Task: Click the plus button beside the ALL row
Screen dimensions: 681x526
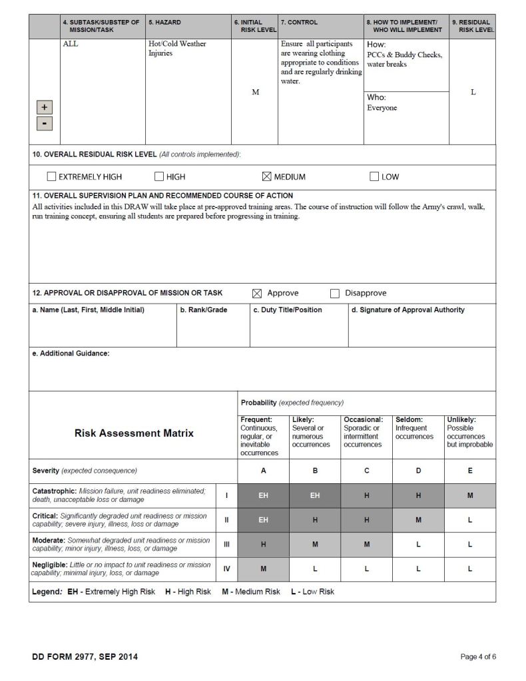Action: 44,107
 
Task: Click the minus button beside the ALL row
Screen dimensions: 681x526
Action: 44,123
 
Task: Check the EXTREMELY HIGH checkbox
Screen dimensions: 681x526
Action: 51,177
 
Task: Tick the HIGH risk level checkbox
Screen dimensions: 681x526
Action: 159,177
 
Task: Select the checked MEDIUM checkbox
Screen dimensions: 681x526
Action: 267,177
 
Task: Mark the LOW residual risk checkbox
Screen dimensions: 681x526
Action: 374,177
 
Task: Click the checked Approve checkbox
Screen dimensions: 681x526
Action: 257,294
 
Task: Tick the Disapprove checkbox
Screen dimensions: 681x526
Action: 335,294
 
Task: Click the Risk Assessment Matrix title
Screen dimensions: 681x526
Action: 134,433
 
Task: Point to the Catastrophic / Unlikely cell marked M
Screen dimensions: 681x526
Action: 470,495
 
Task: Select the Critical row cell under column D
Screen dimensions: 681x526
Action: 418,520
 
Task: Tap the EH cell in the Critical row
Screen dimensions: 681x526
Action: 263,520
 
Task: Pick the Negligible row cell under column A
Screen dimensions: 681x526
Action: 263,569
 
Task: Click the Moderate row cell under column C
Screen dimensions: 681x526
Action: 366,545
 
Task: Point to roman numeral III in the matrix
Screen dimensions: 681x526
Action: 226,545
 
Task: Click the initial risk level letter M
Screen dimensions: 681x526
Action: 255,93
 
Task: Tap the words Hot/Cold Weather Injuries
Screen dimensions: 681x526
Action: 177,49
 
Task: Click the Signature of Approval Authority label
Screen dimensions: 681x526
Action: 407,310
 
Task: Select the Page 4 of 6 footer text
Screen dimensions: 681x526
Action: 478,657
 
